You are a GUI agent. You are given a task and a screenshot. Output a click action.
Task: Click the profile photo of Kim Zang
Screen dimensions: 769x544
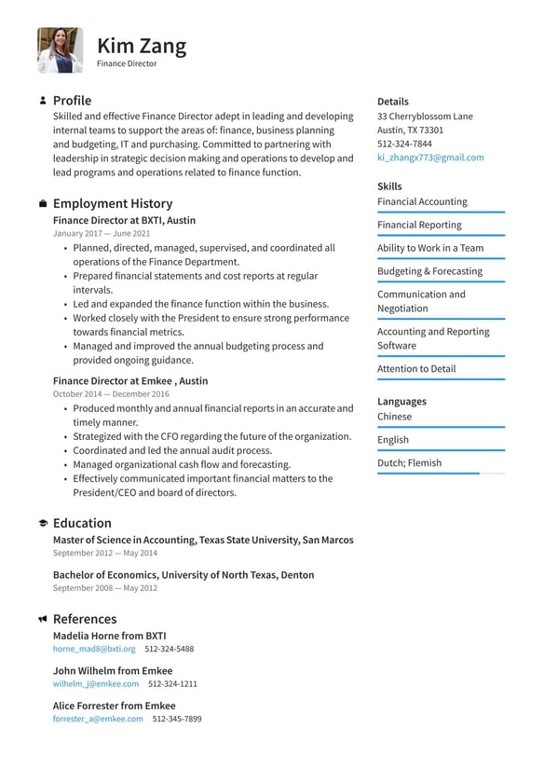60,50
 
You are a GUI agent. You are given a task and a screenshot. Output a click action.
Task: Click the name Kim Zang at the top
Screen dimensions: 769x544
142,46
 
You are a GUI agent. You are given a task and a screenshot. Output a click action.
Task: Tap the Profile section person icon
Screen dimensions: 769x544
43,101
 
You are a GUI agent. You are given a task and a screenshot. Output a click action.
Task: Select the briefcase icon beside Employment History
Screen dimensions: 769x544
43,203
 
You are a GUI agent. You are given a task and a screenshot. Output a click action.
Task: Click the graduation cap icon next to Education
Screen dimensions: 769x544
43,524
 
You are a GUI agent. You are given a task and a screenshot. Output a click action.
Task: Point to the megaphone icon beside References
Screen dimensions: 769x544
43,619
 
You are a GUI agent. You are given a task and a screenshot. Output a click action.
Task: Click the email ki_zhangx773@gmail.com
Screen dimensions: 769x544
430,158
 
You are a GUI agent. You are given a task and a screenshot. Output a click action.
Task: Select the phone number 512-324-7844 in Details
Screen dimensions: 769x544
404,144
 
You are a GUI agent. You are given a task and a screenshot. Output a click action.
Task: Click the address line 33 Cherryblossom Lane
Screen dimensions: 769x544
425,117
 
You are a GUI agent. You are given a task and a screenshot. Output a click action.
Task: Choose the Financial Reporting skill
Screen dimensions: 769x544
419,225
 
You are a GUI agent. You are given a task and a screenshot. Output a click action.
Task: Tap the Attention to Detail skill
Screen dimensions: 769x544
416,368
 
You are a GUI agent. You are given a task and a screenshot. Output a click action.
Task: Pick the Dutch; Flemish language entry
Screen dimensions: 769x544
409,462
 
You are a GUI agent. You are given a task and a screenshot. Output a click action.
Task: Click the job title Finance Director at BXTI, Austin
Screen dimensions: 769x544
124,220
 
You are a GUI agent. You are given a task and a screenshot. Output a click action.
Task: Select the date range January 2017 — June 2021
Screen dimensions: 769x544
102,234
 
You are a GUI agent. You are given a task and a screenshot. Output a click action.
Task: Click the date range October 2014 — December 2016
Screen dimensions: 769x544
111,394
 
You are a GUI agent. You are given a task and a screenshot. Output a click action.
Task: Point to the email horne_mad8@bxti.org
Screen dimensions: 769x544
94,649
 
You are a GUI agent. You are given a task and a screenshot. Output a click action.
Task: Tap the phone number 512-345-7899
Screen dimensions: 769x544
177,719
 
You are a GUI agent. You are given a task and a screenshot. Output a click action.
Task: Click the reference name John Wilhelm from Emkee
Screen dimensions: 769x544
113,670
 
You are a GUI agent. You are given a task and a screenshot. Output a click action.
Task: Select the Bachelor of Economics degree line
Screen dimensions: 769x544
184,575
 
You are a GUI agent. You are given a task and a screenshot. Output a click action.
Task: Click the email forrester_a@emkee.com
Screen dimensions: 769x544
98,719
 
